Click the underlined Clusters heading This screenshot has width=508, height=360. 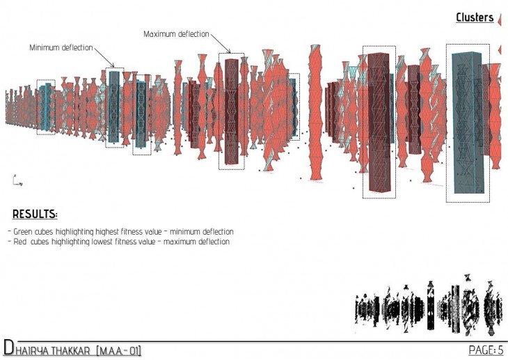pyautogui.click(x=475, y=17)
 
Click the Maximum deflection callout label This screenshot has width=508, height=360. pyautogui.click(x=176, y=34)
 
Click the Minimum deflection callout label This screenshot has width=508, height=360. pyautogui.click(x=61, y=47)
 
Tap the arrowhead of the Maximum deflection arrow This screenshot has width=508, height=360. pyautogui.click(x=229, y=52)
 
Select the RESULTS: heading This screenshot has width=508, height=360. pyautogui.click(x=35, y=214)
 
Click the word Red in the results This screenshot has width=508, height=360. pyautogui.click(x=19, y=242)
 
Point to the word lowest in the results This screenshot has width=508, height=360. pyautogui.click(x=102, y=242)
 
